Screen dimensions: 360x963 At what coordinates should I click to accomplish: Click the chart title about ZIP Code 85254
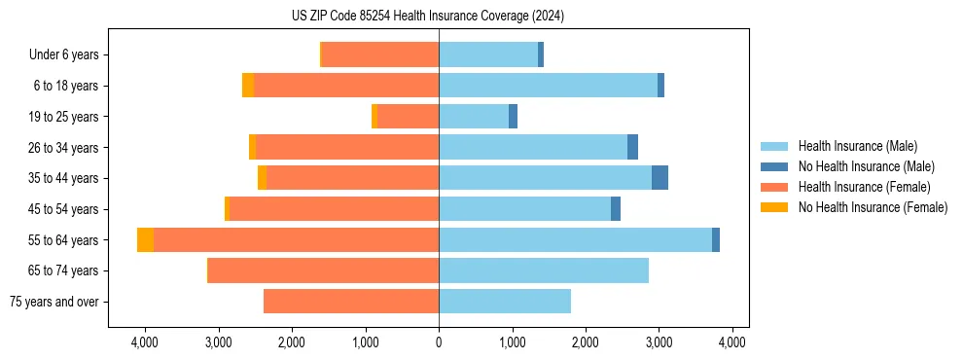(428, 17)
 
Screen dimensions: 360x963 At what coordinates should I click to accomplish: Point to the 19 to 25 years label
(65, 117)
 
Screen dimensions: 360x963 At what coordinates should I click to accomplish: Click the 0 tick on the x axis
(439, 342)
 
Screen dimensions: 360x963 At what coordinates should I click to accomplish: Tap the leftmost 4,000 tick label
(144, 342)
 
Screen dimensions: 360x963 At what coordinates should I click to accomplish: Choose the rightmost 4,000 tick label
(732, 342)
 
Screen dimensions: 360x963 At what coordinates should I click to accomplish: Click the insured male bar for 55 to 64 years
(575, 240)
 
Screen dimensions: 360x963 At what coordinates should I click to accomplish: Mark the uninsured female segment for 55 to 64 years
(145, 240)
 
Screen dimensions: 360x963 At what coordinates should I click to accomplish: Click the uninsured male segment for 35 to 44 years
(660, 178)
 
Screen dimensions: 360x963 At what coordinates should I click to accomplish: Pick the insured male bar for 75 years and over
(505, 302)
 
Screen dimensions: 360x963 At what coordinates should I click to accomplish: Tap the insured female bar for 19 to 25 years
(408, 117)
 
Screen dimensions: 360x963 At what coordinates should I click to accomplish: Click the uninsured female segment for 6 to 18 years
(248, 86)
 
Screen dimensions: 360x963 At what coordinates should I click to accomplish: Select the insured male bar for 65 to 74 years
(544, 270)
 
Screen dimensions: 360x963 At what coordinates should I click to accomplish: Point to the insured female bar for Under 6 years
(379, 55)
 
